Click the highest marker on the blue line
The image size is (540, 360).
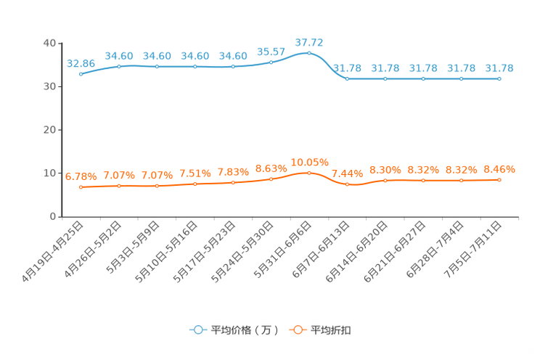[309, 53]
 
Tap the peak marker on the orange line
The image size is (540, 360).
[309, 172]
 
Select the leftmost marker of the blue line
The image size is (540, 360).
[81, 73]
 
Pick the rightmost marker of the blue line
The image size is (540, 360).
[499, 78]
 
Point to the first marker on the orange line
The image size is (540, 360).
[81, 187]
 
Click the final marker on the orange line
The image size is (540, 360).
[499, 179]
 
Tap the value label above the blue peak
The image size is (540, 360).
[309, 41]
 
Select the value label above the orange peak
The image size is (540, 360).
[309, 161]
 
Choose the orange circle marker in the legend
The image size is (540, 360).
[297, 330]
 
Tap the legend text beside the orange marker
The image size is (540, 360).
[332, 330]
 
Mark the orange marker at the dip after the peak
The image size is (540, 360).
[347, 184]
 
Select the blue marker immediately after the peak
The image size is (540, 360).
[347, 78]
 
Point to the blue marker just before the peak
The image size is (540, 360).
[271, 62]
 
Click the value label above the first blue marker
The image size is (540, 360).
[81, 63]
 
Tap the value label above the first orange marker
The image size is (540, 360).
[81, 176]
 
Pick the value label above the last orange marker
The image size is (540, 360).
[499, 168]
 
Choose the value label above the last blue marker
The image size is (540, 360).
[499, 68]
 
